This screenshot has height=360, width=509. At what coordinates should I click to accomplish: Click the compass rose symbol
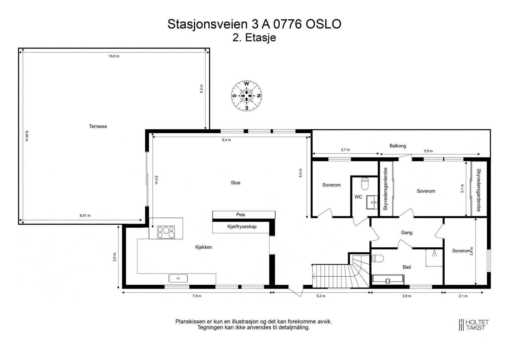point(246,96)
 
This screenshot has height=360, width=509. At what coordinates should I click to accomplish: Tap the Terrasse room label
point(98,126)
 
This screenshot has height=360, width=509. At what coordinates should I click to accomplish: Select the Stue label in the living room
point(235,183)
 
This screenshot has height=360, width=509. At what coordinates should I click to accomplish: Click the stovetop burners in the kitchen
point(166,232)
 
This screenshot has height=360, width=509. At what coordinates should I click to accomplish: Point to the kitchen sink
point(178,278)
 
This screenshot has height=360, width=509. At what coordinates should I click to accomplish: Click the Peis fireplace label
point(241,215)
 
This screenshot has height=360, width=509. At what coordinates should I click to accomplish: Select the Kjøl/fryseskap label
point(242,227)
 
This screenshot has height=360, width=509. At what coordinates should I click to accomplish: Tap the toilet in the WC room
point(364,183)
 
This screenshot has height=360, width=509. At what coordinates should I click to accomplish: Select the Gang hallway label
point(407,232)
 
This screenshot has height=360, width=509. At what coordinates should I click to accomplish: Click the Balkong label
point(398,146)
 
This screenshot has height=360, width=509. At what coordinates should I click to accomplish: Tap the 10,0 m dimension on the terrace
point(114,56)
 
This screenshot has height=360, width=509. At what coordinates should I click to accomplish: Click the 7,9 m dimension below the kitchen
point(197,296)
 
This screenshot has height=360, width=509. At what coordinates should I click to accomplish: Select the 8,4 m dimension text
point(226,140)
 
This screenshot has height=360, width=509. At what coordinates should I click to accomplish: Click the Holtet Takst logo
point(473,325)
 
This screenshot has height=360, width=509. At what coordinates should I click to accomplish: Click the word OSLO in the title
point(324,24)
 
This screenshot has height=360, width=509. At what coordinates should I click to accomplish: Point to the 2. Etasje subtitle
point(254,38)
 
